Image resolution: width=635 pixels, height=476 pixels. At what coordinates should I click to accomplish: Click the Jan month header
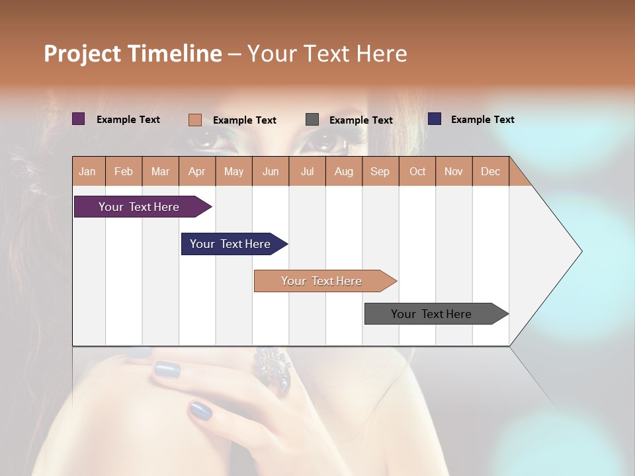click(88, 171)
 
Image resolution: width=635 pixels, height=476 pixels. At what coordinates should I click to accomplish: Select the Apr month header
click(197, 171)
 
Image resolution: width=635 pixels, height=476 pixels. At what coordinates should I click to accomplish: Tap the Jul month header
click(307, 171)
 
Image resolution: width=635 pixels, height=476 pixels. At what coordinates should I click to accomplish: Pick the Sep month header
click(380, 171)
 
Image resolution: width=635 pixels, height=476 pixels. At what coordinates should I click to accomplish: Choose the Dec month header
click(490, 171)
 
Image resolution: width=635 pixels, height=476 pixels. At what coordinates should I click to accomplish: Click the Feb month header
click(124, 171)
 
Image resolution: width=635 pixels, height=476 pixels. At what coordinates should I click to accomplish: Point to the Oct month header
click(417, 171)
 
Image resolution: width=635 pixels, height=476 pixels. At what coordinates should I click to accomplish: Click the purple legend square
click(79, 119)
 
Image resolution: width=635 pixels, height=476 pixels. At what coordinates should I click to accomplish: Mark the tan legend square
click(195, 120)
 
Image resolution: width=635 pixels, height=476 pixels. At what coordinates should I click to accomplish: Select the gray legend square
click(312, 120)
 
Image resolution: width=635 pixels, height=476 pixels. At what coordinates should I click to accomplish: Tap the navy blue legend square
click(435, 119)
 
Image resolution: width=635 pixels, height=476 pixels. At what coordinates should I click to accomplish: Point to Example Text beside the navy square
click(482, 120)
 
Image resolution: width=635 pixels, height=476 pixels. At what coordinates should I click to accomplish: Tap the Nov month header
click(454, 171)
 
